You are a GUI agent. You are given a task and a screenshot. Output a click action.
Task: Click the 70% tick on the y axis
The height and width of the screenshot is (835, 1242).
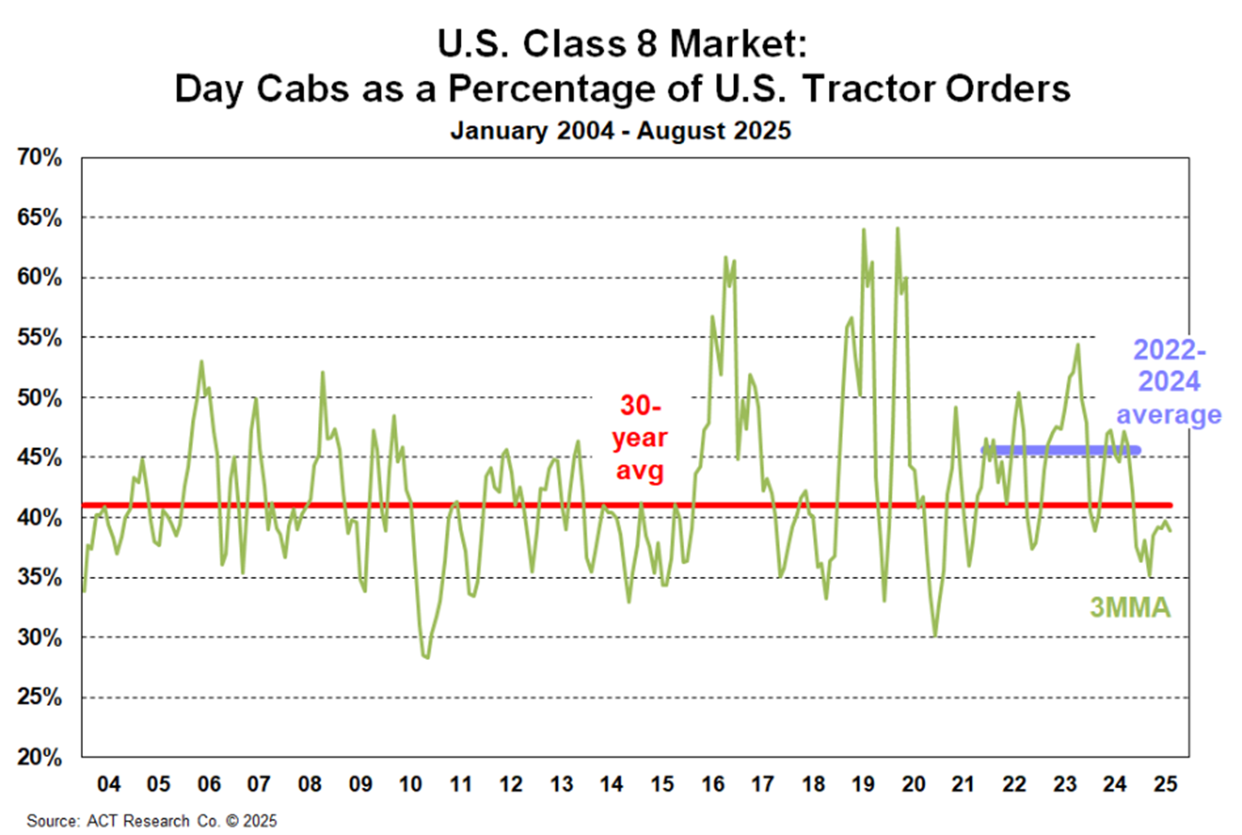pos(40,158)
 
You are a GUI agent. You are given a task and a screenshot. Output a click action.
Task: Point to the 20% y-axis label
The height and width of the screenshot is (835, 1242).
pos(40,757)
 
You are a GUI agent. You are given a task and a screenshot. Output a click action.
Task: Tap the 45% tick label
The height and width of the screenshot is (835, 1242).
pos(40,457)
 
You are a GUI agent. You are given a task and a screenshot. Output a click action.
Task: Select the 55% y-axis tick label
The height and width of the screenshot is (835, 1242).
pos(40,337)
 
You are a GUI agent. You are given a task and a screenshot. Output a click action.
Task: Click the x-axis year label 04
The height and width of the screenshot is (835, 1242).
pos(109,784)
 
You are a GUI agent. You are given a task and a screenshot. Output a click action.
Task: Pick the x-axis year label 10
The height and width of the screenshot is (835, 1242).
pos(410,784)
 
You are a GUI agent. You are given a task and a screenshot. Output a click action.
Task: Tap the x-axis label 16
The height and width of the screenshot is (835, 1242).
pos(712,784)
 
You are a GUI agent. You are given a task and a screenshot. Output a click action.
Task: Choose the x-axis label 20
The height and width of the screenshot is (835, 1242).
pos(913,784)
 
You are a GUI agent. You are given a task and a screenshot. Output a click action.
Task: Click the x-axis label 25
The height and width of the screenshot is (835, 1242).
pos(1165,784)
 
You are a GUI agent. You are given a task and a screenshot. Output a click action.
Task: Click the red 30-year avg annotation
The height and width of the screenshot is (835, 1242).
pos(639,439)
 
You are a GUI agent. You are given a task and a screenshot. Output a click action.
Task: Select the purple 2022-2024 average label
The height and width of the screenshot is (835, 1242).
pos(1168,382)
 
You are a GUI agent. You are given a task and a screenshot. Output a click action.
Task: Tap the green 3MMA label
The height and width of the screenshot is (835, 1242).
pos(1130,607)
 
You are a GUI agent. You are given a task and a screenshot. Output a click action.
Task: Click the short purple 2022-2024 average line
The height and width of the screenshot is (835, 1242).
pos(1060,451)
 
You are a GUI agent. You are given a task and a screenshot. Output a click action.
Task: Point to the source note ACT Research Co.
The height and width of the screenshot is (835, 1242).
pos(151,820)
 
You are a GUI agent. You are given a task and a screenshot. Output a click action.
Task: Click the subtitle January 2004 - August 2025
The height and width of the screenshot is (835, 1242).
pos(621,131)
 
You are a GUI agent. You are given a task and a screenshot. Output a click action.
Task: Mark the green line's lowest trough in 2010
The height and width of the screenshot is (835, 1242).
pos(426,657)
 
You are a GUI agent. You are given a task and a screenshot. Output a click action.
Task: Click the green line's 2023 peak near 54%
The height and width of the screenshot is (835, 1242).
pos(1077,346)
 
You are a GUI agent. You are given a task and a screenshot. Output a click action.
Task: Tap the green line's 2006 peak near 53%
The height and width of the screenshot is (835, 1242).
pos(201,361)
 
